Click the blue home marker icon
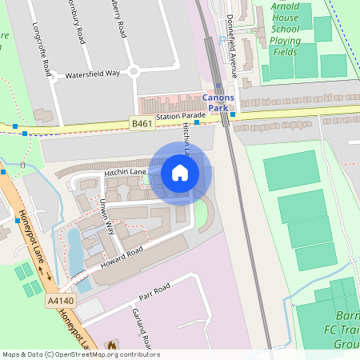pos(180,173)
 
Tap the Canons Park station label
pos(218,103)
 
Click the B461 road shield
pos(142,122)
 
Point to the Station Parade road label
pos(176,118)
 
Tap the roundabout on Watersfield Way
pos(134,71)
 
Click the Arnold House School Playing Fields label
pos(286,29)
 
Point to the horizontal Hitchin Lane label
pos(124,172)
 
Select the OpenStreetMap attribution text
pos(80,354)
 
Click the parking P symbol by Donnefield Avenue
pos(222,39)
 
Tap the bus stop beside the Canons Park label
pos(232,114)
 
